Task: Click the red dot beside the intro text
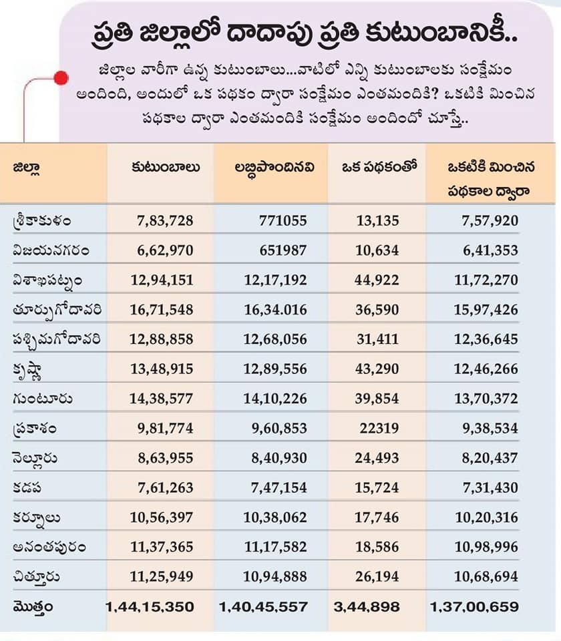click(x=61, y=77)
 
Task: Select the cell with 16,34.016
click(x=266, y=310)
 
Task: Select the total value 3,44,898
click(x=366, y=606)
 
